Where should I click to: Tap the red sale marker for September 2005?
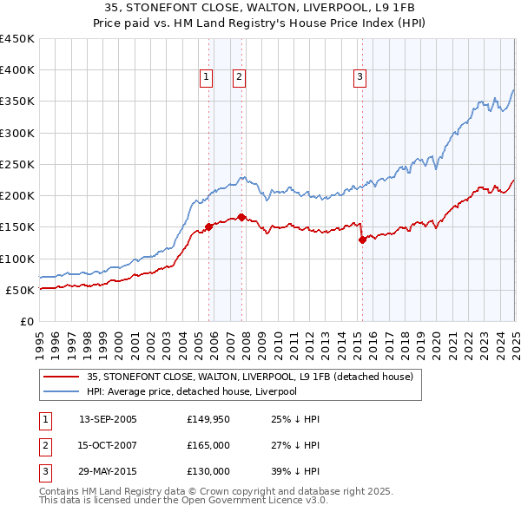point(208,226)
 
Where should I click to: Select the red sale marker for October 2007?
point(241,217)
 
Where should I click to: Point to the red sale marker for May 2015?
point(362,240)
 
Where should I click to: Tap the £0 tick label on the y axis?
point(27,321)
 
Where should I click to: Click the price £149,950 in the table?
point(208,419)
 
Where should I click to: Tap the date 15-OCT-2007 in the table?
point(108,445)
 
